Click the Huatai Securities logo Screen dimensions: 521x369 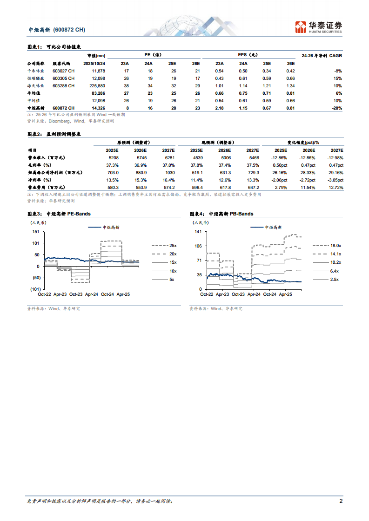(x=319, y=27)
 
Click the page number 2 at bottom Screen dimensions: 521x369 (x=341, y=501)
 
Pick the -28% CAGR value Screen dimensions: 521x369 (x=337, y=108)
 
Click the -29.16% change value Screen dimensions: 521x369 (x=333, y=172)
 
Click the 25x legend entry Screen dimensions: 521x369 (x=172, y=245)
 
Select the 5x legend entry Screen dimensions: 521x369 (x=172, y=280)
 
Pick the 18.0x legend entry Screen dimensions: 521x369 (x=335, y=245)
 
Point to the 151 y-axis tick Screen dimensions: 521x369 (x=35, y=232)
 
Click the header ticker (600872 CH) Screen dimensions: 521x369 (x=69, y=30)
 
